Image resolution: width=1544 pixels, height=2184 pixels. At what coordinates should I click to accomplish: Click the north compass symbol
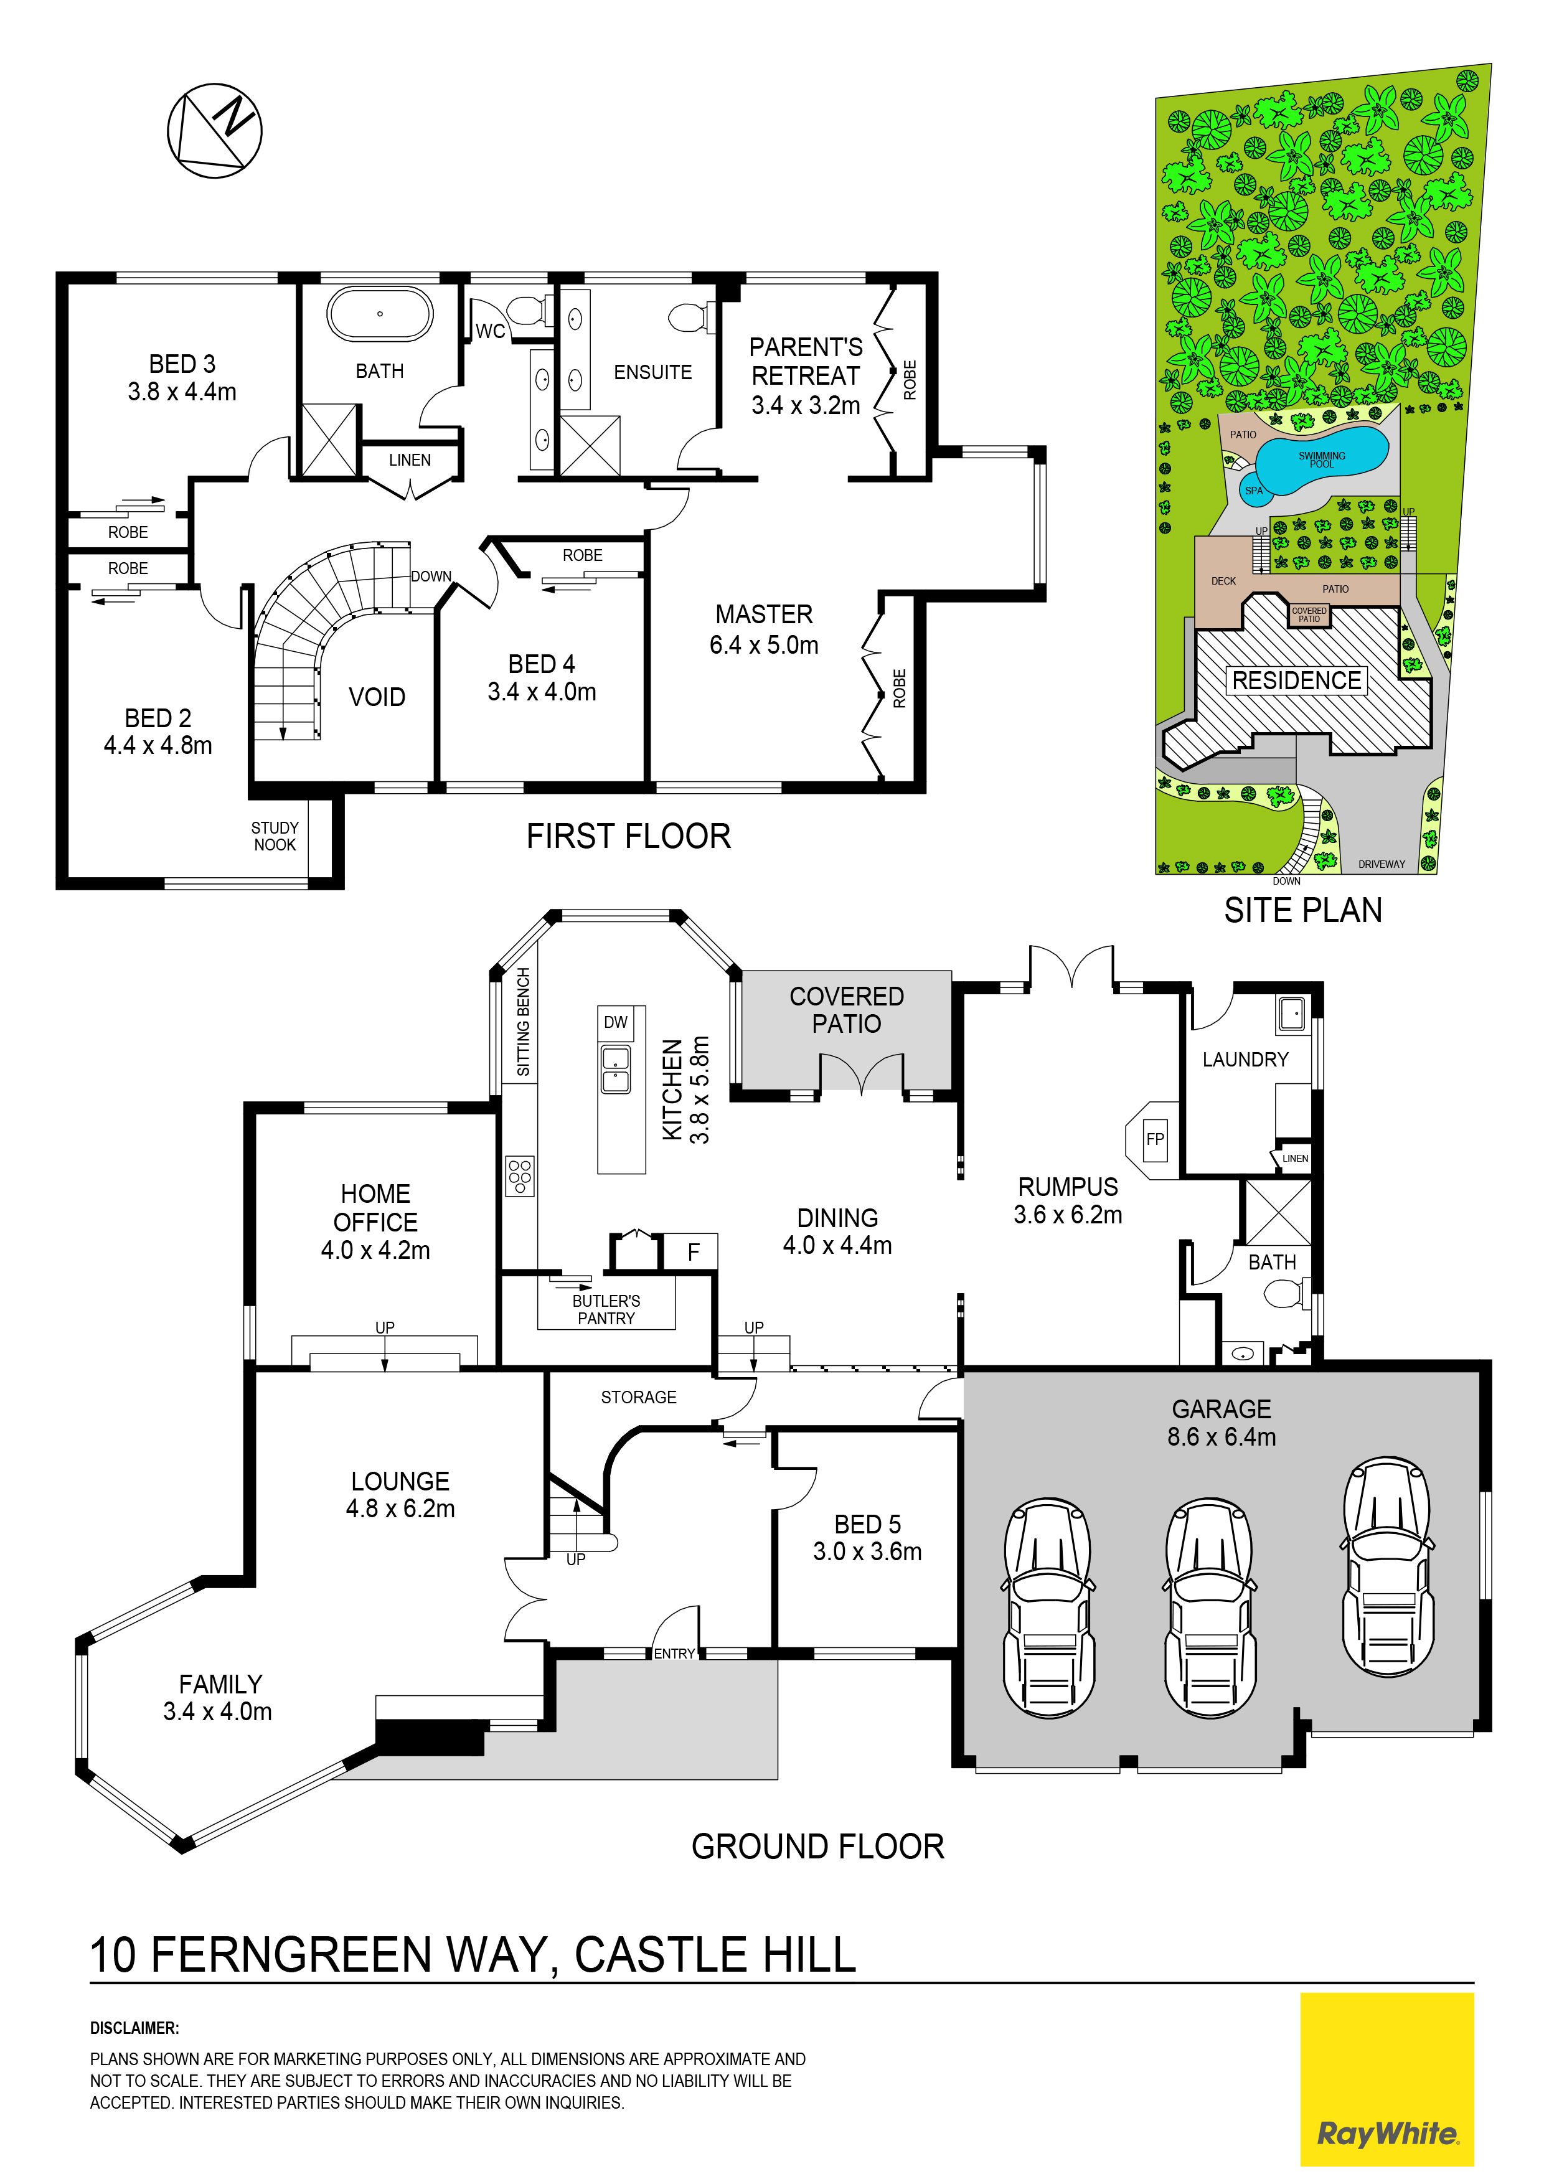point(214,129)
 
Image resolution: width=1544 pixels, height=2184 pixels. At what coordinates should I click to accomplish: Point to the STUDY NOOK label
point(275,836)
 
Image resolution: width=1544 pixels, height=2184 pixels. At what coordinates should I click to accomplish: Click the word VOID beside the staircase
point(377,697)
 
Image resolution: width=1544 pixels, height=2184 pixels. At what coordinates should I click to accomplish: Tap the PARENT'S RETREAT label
point(806,362)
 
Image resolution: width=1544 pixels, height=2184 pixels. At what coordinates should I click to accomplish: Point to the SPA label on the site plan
point(1254,491)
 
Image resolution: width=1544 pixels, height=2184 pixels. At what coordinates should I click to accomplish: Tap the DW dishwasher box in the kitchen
point(616,1022)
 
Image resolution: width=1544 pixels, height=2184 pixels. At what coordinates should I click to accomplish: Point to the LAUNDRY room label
point(1245,1060)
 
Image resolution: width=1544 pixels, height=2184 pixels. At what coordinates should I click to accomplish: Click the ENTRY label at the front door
point(674,1654)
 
